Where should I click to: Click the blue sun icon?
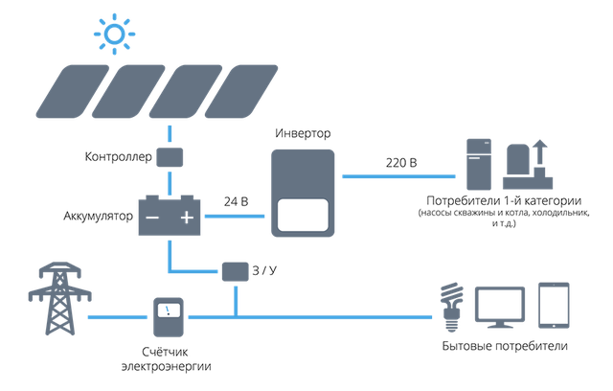[x=115, y=34]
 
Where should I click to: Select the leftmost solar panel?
[x=73, y=91]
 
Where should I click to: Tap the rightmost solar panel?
[x=241, y=91]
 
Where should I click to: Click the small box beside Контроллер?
[x=170, y=157]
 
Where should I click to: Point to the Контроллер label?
[x=119, y=157]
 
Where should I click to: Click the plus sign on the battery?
[x=187, y=217]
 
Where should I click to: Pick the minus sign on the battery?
[x=152, y=218]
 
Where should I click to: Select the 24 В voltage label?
[x=237, y=202]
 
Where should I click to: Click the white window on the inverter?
[x=303, y=215]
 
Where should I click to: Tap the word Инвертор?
[x=303, y=133]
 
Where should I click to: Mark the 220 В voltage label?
[x=401, y=163]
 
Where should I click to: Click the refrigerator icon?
[x=479, y=164]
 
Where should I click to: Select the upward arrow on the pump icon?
[x=540, y=151]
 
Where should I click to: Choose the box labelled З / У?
[x=235, y=272]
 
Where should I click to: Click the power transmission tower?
[x=59, y=298]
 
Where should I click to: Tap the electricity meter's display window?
[x=169, y=310]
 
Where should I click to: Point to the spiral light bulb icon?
[x=451, y=308]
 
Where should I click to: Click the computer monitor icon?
[x=500, y=308]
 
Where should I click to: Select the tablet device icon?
[x=554, y=306]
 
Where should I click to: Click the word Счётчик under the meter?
[x=165, y=352]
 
